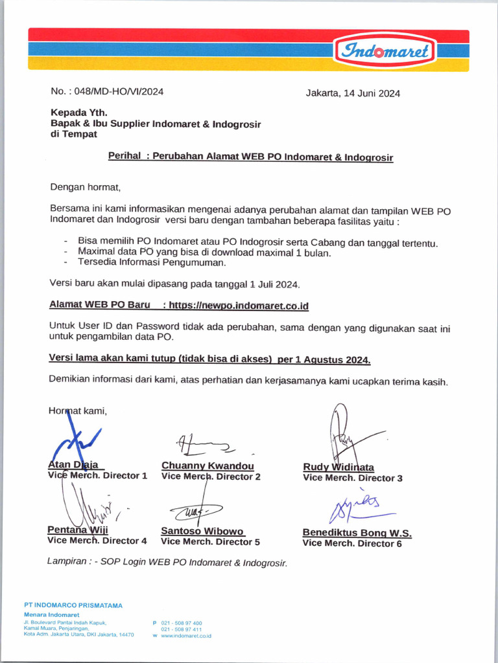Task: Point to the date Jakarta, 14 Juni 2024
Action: pyautogui.click(x=353, y=93)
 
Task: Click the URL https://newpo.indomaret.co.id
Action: pyautogui.click(x=239, y=305)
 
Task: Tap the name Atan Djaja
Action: pyautogui.click(x=73, y=464)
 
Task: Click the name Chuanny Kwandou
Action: pyautogui.click(x=207, y=466)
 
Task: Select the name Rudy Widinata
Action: pyautogui.click(x=338, y=467)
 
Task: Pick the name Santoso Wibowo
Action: pyautogui.click(x=202, y=531)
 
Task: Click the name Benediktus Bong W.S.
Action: pyautogui.click(x=357, y=533)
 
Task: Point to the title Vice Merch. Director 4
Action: pyautogui.click(x=97, y=541)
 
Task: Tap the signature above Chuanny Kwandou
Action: pyautogui.click(x=204, y=444)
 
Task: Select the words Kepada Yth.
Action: pyautogui.click(x=78, y=112)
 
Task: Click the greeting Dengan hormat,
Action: pyautogui.click(x=86, y=188)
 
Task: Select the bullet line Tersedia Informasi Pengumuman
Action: pyautogui.click(x=152, y=262)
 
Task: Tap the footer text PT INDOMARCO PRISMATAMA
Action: pyautogui.click(x=73, y=605)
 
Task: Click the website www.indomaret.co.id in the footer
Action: pyautogui.click(x=186, y=636)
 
